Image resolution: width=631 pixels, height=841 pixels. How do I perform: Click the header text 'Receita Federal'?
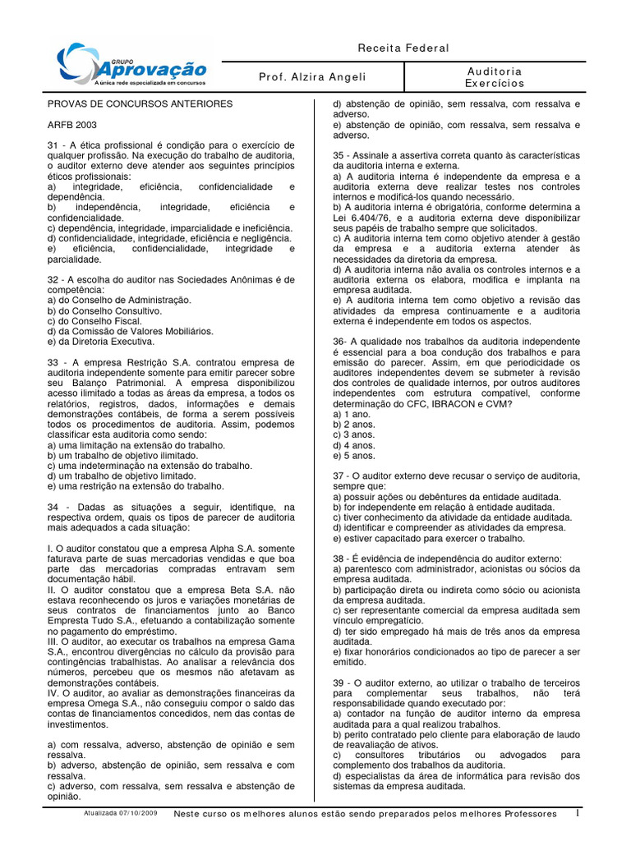[x=403, y=48]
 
